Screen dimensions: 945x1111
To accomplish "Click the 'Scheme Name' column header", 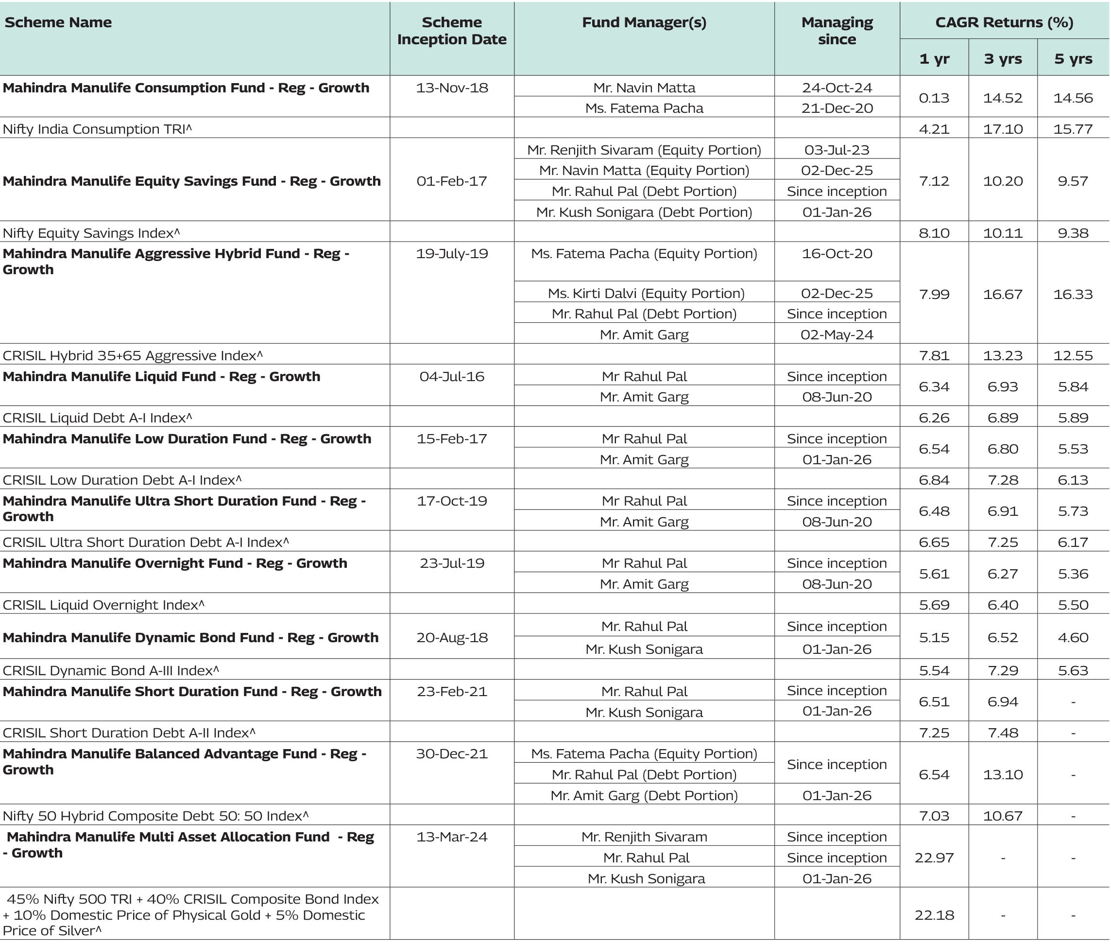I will (58, 22).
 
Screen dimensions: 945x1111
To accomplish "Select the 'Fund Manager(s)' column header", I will (644, 22).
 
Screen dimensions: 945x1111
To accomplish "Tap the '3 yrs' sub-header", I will (1002, 59).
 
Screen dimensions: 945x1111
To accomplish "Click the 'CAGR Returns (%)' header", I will (1004, 22).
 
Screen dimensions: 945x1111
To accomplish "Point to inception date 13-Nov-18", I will (452, 88).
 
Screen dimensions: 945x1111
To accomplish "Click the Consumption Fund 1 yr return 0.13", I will (934, 98).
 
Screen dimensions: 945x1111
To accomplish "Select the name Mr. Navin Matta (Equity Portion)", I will (644, 170).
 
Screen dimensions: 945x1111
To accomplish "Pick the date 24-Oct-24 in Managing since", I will (837, 88).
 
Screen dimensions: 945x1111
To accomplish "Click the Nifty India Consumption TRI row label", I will (97, 129).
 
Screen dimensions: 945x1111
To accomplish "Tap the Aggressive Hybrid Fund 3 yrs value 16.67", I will (1002, 294).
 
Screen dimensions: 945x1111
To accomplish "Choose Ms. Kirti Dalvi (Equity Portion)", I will (646, 294).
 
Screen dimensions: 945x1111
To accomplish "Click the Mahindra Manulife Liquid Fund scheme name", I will (161, 377).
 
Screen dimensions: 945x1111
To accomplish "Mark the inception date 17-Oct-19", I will (452, 501).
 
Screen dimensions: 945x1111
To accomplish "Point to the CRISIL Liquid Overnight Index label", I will (103, 605).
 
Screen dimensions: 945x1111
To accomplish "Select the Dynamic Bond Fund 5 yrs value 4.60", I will (1073, 637).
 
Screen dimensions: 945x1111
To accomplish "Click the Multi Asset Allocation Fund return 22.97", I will (934, 857).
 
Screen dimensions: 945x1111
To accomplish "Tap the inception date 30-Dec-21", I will (452, 754).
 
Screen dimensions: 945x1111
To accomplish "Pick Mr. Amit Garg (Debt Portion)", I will (644, 796).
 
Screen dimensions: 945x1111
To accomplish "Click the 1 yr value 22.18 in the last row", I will (934, 915).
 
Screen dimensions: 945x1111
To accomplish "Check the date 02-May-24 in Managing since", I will (837, 335).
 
